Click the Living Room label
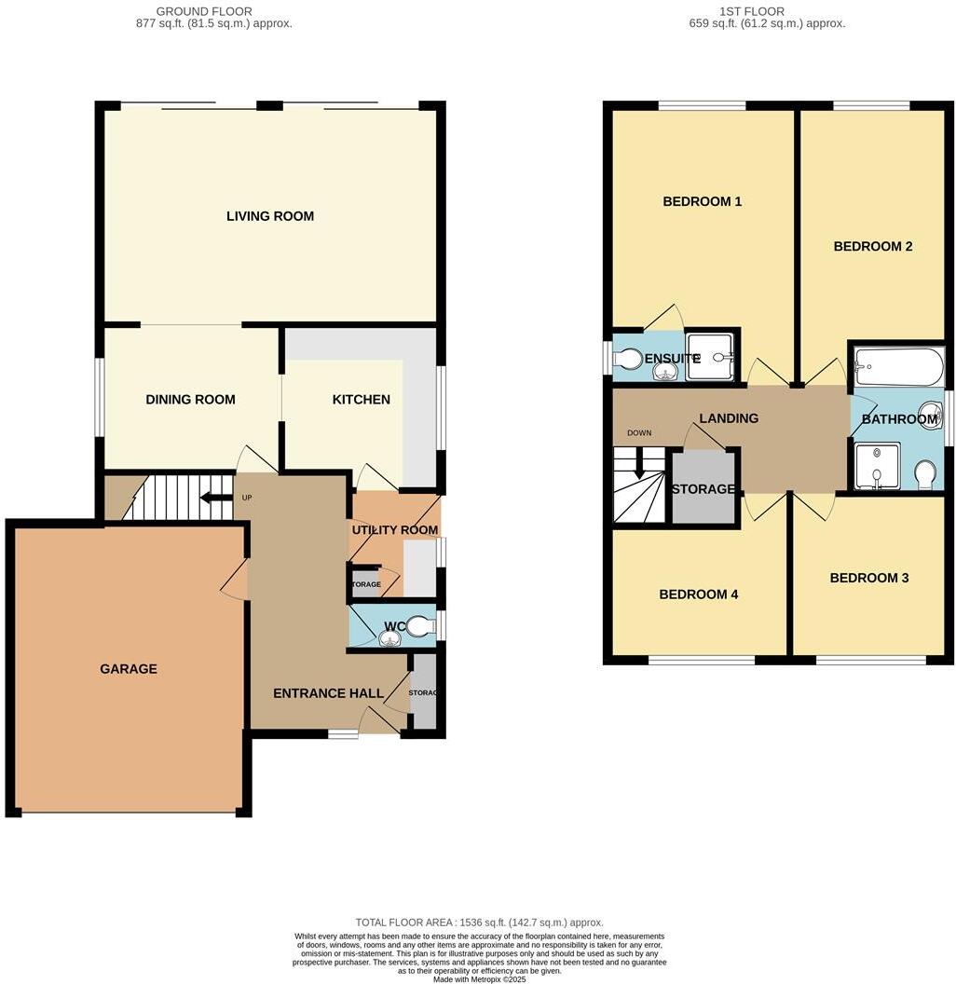pos(270,216)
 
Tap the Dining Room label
pos(190,400)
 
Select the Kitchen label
pos(362,400)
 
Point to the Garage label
pos(129,669)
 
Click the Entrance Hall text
pos(328,693)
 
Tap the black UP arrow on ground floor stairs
pos(216,498)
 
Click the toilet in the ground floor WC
pos(420,626)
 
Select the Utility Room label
pos(394,530)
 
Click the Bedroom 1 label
pos(702,201)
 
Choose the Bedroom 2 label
pos(872,247)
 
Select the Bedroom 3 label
pos(868,578)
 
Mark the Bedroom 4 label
pos(698,594)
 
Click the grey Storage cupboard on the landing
pos(703,488)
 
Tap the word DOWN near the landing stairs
pos(639,433)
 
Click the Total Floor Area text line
pos(479,922)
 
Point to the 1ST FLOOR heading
pos(751,11)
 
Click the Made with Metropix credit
pos(479,978)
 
